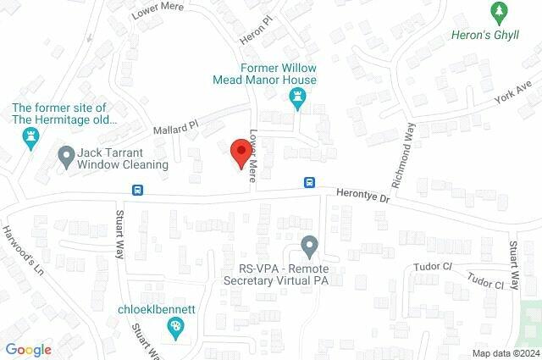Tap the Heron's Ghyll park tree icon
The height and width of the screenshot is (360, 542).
[499, 12]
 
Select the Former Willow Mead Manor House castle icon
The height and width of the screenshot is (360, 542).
[297, 101]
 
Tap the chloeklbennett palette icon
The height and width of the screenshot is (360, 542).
[175, 326]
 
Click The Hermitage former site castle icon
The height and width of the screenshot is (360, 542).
[32, 138]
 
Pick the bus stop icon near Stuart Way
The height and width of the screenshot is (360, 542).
[137, 190]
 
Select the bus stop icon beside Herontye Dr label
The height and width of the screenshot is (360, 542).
[311, 182]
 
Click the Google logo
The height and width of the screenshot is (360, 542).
[28, 350]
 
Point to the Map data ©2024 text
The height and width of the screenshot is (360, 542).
[505, 353]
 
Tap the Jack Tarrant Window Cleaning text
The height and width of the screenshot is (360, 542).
[123, 158]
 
